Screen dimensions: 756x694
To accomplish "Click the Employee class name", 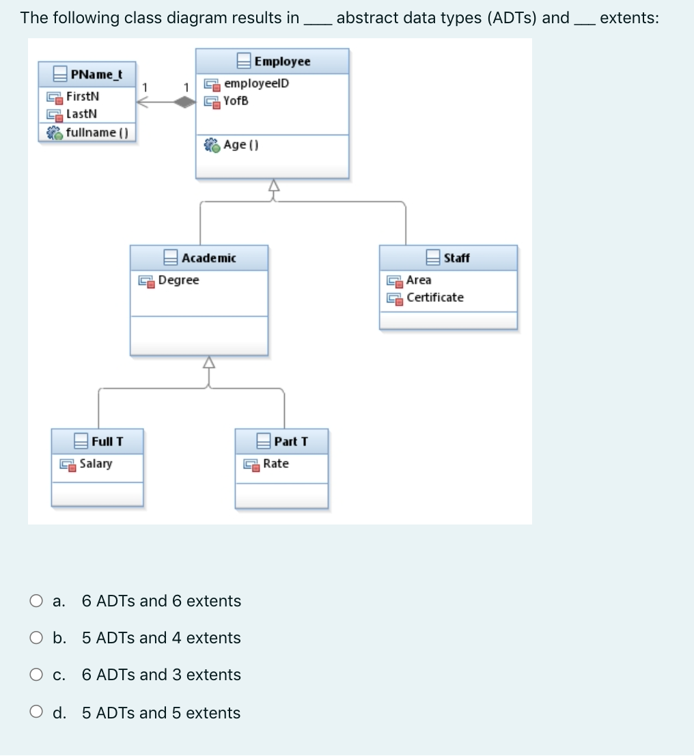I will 281,61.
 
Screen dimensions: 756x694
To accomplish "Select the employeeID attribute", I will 256,83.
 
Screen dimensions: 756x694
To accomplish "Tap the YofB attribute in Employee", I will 236,100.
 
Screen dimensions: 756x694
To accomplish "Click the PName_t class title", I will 96,73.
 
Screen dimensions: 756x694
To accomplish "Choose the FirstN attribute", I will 83,96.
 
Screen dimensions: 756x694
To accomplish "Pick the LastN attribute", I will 81,113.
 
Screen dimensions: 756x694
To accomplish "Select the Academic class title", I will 208,257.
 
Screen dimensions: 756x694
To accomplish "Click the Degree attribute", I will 178,280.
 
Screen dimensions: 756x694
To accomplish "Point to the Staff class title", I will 456,257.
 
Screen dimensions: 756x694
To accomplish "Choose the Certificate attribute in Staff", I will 434,297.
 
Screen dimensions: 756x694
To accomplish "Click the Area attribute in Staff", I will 419,280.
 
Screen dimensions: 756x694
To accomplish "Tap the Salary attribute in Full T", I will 96,464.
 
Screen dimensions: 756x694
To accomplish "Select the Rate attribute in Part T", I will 276,464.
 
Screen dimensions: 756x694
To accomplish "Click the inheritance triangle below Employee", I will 274,185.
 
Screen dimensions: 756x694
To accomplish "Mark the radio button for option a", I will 36,601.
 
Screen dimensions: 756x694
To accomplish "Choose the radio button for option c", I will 36,675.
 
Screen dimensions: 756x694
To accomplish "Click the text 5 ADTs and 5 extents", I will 161,713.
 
